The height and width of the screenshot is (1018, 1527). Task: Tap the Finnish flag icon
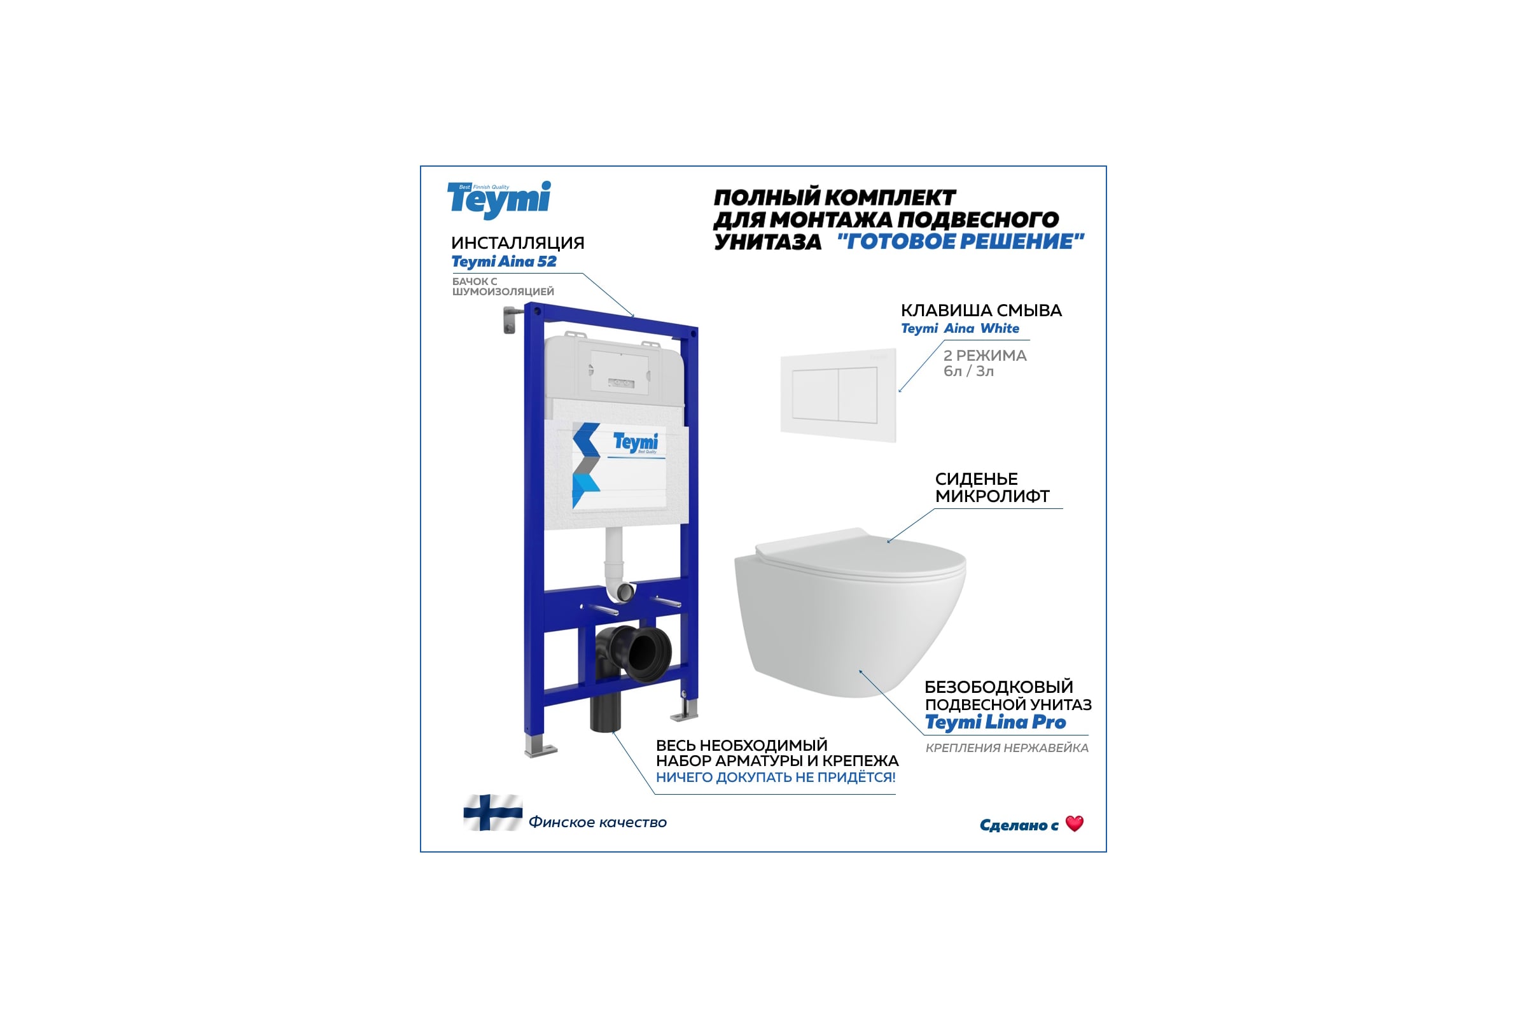492,812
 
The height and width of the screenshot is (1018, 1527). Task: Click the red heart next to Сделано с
1075,823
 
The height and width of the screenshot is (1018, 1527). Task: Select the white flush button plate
838,395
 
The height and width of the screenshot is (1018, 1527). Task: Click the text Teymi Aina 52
504,261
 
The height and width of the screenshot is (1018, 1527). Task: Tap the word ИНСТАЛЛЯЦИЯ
517,243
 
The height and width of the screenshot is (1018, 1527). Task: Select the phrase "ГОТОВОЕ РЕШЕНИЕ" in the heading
961,242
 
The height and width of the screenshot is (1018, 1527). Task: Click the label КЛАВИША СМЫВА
981,310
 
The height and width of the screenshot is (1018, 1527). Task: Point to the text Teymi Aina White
959,328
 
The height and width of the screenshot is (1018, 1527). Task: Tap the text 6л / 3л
968,372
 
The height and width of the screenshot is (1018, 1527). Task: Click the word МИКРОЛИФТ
992,496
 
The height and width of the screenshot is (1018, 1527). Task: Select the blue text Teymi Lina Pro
995,723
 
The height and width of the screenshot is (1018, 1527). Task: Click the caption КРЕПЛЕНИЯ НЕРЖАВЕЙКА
1007,748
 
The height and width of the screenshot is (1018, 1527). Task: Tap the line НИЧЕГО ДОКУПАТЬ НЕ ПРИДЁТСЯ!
776,777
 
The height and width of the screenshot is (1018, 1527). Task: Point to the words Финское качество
597,823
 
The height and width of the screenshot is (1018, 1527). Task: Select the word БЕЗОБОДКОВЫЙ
998,687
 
